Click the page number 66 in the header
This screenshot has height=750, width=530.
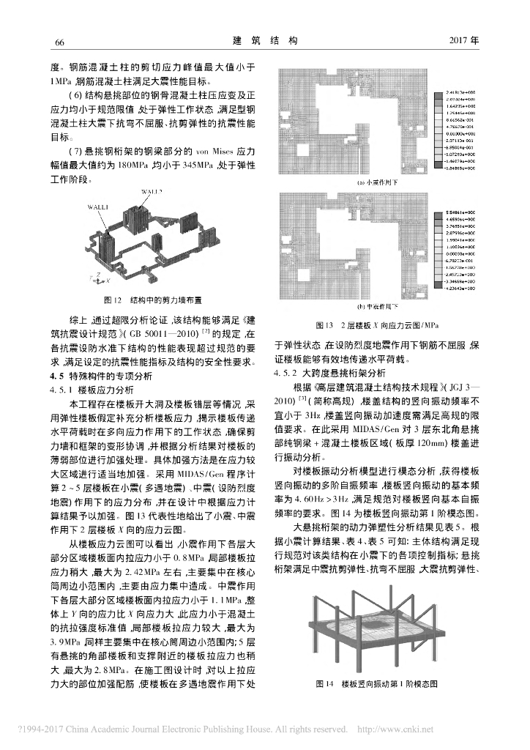point(61,41)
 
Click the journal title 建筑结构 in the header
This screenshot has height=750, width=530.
point(266,40)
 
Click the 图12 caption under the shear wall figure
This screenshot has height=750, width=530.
point(153,300)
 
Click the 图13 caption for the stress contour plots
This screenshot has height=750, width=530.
point(376,324)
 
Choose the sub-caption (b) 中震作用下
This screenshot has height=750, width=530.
point(376,305)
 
